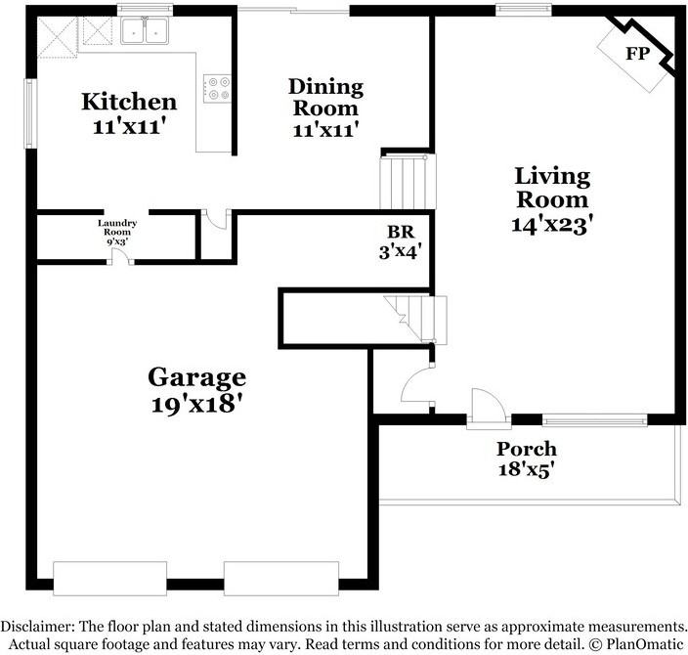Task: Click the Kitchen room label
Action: pos(129,102)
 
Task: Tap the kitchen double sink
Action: pos(145,30)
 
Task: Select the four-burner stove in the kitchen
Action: pos(217,88)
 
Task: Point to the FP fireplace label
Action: pos(637,54)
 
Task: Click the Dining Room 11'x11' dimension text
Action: pos(325,130)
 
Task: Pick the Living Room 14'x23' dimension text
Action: pos(552,225)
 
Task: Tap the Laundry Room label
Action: pos(117,228)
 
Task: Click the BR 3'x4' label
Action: pos(401,241)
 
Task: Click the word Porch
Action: pos(527,449)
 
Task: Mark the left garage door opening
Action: pos(109,578)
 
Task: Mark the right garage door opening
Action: pos(281,578)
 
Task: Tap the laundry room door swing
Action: pos(120,257)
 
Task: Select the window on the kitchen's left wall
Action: pos(30,113)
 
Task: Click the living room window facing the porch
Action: pos(595,420)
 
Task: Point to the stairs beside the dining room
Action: pos(408,182)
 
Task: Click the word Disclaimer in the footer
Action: pos(38,627)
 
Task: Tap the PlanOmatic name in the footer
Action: pos(645,644)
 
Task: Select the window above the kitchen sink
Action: pos(146,10)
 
